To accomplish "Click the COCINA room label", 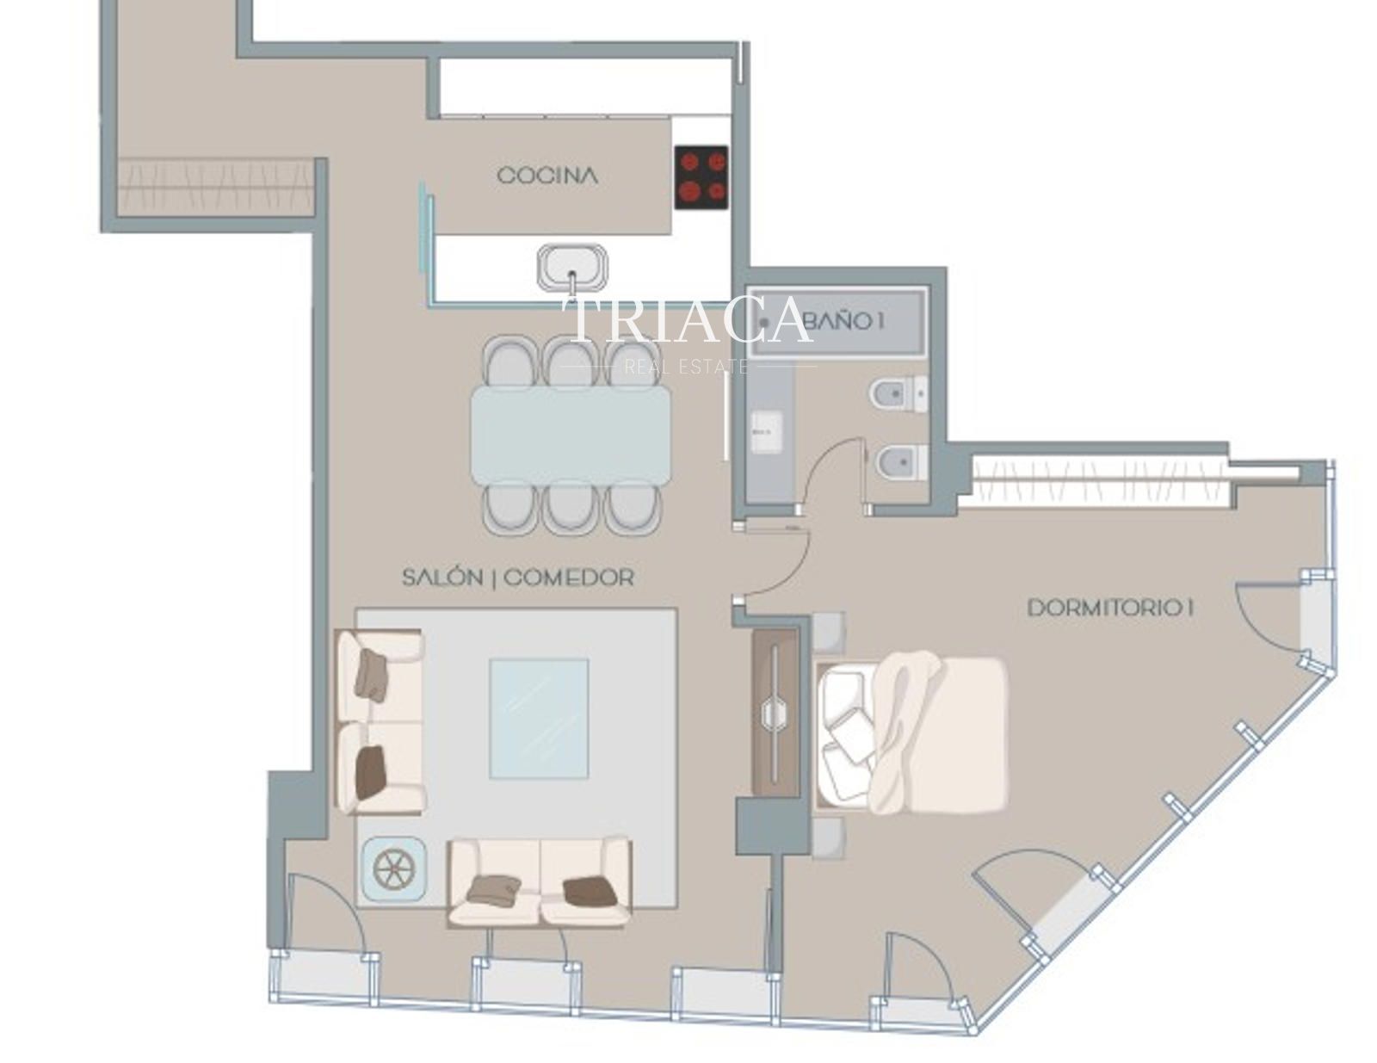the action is pyautogui.click(x=546, y=176).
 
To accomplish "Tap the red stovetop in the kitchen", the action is pyautogui.click(x=701, y=177).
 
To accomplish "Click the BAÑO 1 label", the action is pyautogui.click(x=844, y=321).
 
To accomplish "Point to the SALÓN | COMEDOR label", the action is pyautogui.click(x=518, y=577).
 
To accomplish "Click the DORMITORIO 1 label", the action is pyautogui.click(x=1110, y=609).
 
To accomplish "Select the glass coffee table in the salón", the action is pyautogui.click(x=539, y=719).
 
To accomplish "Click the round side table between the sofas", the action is pyautogui.click(x=393, y=868).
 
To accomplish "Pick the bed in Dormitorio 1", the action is pyautogui.click(x=910, y=734).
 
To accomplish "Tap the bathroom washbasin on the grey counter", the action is pyautogui.click(x=766, y=432).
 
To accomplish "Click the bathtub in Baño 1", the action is pyautogui.click(x=837, y=323).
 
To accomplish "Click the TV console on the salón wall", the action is pyautogui.click(x=775, y=714).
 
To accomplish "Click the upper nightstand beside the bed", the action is pyautogui.click(x=829, y=633).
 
